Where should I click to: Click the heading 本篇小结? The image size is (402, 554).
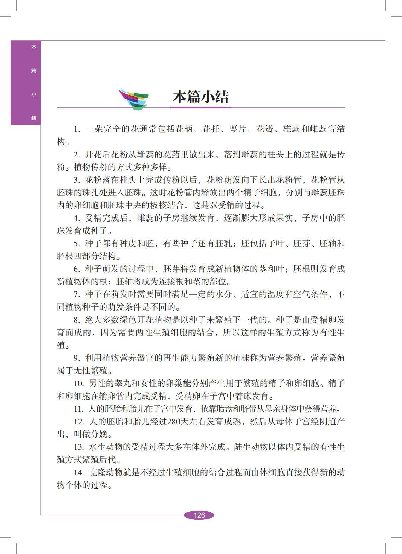pyautogui.click(x=200, y=97)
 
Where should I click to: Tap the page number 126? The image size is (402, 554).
pyautogui.click(x=199, y=515)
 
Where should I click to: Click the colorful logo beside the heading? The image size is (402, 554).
pyautogui.click(x=134, y=99)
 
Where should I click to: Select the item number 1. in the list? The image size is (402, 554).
pyautogui.click(x=77, y=129)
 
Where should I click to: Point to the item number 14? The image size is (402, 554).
pyautogui.click(x=79, y=473)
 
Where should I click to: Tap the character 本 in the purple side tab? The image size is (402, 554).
pyautogui.click(x=34, y=47)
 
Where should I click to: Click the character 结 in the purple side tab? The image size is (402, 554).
pyautogui.click(x=34, y=118)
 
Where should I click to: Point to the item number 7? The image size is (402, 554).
pyautogui.click(x=77, y=295)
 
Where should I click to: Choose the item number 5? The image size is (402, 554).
pyautogui.click(x=77, y=244)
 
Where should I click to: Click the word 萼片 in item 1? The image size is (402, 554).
pyautogui.click(x=238, y=129)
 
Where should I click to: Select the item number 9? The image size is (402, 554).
pyautogui.click(x=77, y=358)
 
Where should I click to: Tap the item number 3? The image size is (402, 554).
pyautogui.click(x=77, y=180)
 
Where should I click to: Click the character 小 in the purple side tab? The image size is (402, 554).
pyautogui.click(x=34, y=94)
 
